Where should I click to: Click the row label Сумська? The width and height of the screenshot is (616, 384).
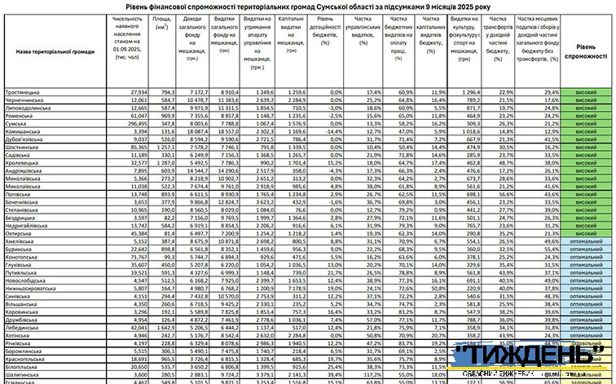coord(19,122)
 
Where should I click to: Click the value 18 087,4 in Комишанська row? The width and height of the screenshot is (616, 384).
coord(197,130)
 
